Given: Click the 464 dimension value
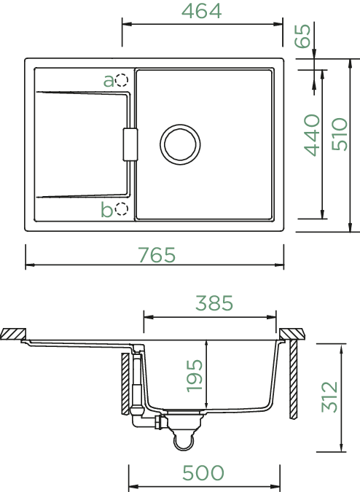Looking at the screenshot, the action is [202, 11].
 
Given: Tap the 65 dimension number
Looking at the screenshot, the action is [303, 36].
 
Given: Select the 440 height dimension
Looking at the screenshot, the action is [312, 135].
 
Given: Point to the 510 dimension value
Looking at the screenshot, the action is [340, 134].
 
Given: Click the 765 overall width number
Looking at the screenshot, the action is [157, 255].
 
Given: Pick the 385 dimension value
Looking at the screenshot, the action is [214, 303].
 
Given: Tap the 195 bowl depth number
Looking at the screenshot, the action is [195, 376].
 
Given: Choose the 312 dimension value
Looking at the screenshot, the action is [329, 397].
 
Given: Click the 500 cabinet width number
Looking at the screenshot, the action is [203, 473].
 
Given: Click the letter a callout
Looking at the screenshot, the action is [109, 81].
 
